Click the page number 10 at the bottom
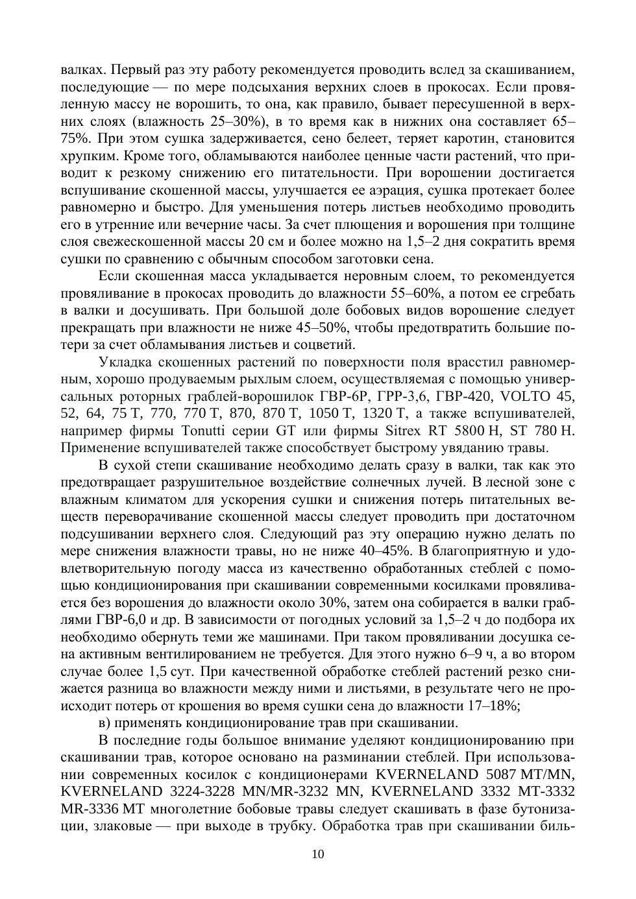(x=318, y=854)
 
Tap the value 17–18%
(x=493, y=706)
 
